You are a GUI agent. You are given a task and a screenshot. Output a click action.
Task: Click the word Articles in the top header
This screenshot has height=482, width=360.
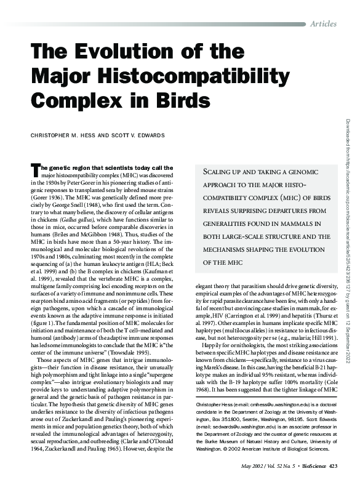323,23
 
